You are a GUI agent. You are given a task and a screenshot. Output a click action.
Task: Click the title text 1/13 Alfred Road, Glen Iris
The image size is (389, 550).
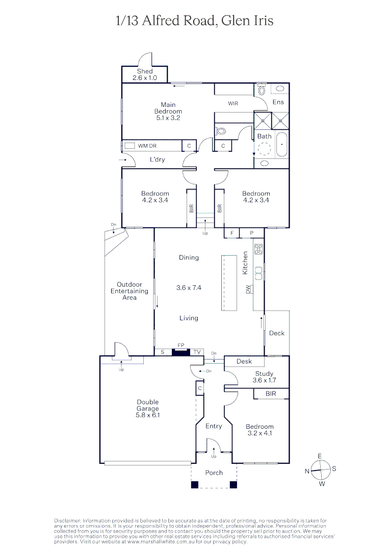click(195, 20)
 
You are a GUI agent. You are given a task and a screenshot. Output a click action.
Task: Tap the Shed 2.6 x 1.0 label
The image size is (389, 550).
click(145, 75)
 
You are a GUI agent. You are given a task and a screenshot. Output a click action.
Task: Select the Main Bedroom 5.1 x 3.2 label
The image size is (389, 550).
click(168, 111)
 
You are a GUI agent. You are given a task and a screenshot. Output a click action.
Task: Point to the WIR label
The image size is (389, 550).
click(233, 103)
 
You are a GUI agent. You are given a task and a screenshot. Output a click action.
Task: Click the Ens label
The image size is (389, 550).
click(278, 102)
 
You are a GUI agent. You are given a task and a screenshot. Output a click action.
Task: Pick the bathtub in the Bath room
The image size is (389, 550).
click(281, 146)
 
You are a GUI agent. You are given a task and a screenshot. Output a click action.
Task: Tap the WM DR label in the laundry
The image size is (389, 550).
click(147, 146)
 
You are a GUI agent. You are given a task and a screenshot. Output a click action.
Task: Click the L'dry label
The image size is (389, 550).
click(157, 160)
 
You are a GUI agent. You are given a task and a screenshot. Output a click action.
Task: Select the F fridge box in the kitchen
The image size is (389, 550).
click(232, 233)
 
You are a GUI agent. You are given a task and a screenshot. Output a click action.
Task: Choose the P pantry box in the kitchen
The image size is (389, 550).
click(251, 233)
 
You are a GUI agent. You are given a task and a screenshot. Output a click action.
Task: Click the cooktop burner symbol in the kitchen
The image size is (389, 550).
click(258, 250)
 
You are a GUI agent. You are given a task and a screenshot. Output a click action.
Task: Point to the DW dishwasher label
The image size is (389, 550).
click(248, 289)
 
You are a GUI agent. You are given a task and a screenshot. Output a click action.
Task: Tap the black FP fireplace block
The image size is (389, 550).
click(180, 352)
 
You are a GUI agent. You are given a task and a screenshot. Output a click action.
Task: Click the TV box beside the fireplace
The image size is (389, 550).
click(197, 352)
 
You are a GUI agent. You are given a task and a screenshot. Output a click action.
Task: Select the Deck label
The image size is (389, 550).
click(277, 333)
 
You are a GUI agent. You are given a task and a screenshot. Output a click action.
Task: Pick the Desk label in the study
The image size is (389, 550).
click(245, 362)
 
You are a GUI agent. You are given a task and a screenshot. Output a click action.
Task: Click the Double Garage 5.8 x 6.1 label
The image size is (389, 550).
click(148, 408)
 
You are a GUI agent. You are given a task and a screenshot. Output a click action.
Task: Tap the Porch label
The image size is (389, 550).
click(214, 473)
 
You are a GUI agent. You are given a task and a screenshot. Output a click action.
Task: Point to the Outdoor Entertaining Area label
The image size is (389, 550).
click(129, 291)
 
